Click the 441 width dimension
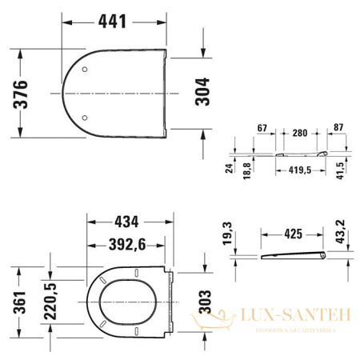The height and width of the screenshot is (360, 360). (x=113, y=22)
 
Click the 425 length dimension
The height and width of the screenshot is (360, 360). (x=293, y=234)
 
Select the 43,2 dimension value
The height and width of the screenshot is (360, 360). (x=340, y=233)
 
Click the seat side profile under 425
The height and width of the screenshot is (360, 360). (x=293, y=254)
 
